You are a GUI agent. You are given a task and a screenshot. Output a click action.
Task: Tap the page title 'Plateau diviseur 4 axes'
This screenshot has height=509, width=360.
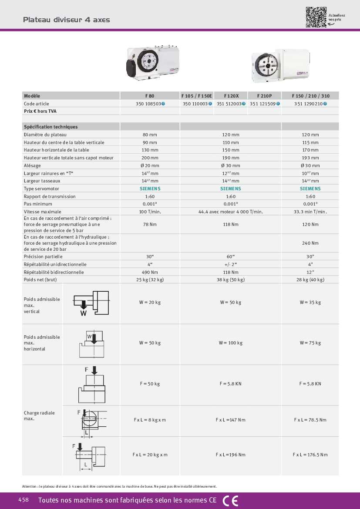pos(66,20)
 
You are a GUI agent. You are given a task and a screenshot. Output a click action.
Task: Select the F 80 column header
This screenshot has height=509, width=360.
pos(150,96)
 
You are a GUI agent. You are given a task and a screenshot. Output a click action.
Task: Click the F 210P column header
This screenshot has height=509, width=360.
pos(264,96)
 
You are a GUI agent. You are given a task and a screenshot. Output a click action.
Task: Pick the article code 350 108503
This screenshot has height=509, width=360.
pos(149,104)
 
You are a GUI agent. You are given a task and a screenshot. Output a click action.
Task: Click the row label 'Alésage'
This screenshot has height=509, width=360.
pos(33,165)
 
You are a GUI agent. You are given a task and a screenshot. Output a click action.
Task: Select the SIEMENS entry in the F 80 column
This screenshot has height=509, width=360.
pos(150,189)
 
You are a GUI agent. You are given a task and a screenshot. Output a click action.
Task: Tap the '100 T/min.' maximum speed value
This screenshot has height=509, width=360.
pos(150,212)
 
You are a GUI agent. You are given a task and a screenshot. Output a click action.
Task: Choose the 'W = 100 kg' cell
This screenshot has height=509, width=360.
pos(231,343)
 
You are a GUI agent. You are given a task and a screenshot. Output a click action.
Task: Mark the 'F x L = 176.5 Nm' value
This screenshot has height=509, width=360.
pos(310,455)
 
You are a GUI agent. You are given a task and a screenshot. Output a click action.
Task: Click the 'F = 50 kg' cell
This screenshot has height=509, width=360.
pos(150,384)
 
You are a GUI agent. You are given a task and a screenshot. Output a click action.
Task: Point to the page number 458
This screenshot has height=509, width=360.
pos(24,500)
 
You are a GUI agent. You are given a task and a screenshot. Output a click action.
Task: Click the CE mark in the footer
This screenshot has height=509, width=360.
pos(230,501)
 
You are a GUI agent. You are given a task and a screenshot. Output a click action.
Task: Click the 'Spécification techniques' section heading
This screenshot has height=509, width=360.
pos(51,127)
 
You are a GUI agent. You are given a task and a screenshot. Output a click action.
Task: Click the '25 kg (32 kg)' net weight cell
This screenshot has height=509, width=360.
pos(150,280)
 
